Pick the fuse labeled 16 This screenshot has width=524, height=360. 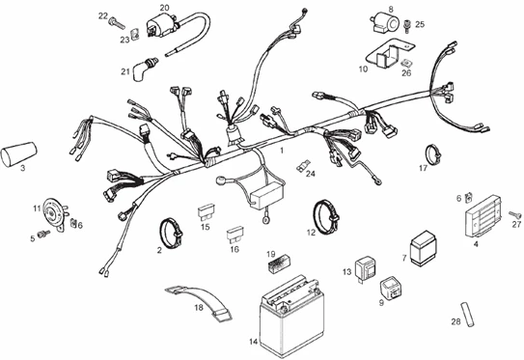coord(234,234)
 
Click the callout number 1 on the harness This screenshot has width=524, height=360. coord(281,152)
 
